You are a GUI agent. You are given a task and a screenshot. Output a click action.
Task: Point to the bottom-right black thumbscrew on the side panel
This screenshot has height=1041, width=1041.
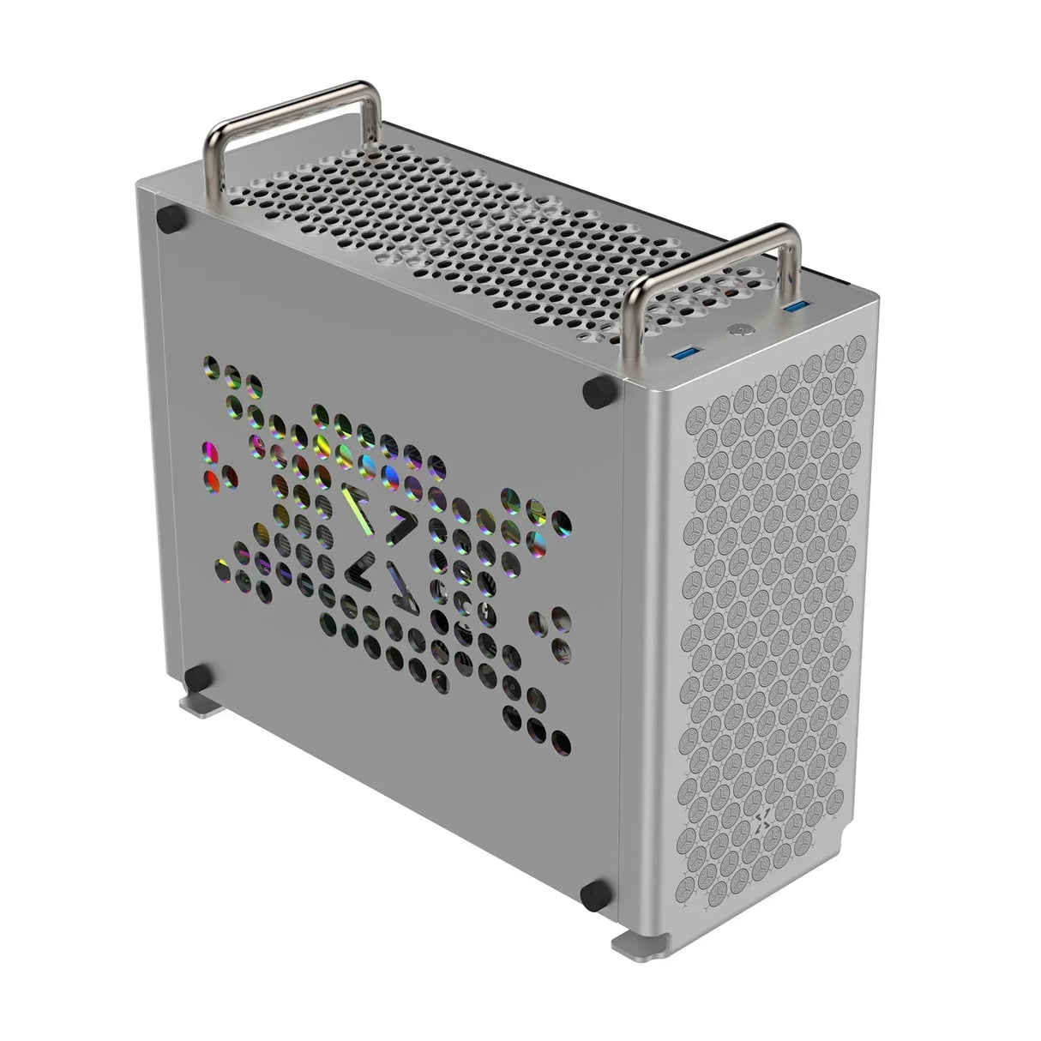point(592,894)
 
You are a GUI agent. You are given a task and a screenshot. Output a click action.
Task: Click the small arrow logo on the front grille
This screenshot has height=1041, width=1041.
point(764,824)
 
